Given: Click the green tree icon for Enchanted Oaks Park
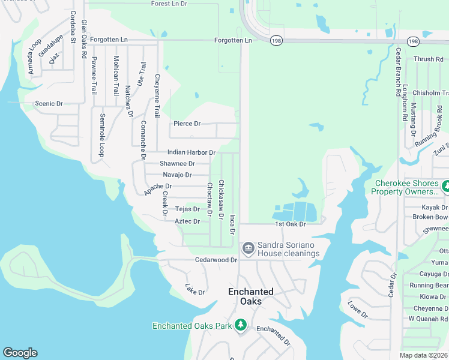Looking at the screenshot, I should [x=241, y=325].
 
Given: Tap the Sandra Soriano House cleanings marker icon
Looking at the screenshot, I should [x=247, y=248].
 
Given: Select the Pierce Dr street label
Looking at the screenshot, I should [x=187, y=124].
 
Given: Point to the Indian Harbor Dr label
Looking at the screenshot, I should [x=191, y=153].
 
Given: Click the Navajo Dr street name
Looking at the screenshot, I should [x=177, y=175].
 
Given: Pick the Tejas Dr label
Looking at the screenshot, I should [x=187, y=209].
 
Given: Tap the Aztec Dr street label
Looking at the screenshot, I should [x=187, y=221].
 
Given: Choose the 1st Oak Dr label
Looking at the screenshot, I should [x=291, y=224].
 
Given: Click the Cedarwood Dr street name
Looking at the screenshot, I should [x=217, y=260].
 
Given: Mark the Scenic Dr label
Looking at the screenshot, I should [x=49, y=103].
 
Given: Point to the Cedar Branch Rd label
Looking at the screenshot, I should [x=398, y=72].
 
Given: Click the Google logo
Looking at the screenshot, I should [x=20, y=353].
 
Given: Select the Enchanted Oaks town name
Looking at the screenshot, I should [x=251, y=296].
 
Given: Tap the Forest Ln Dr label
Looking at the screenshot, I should [x=169, y=4].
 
